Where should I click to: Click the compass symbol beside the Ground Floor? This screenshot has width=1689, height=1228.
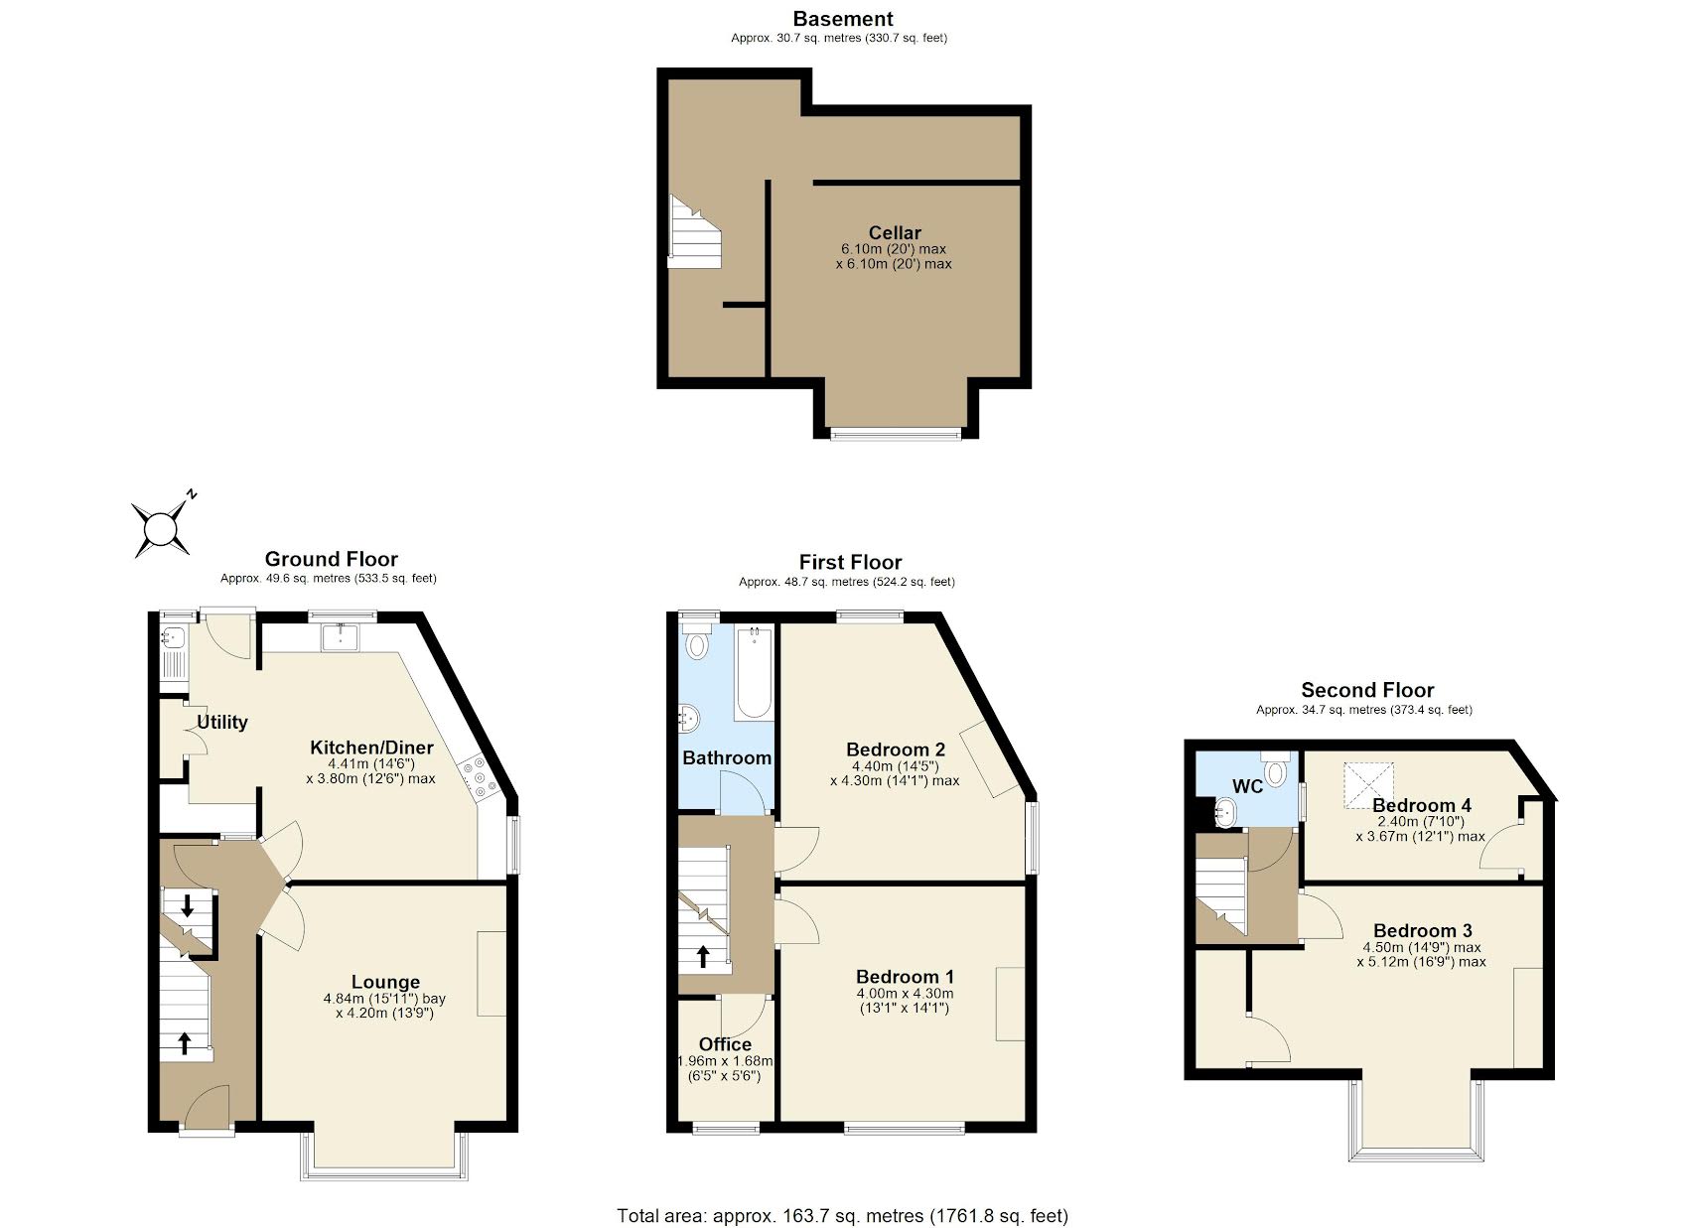[x=160, y=526]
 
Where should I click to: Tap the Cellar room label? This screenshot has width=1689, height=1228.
[x=895, y=233]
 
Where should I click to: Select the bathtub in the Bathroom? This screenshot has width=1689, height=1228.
[x=754, y=673]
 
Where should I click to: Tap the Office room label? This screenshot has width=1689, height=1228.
[x=725, y=1044]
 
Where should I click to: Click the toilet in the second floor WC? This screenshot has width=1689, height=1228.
[x=1276, y=770]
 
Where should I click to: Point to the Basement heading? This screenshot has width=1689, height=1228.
[x=842, y=19]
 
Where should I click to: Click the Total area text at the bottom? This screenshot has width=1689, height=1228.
[x=842, y=1215]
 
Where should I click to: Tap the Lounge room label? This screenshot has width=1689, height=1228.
[x=385, y=982]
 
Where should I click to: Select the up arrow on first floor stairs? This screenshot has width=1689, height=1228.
[x=703, y=956]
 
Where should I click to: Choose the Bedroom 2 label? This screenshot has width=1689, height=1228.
[x=895, y=750]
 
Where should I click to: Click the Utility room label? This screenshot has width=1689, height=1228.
[x=221, y=722]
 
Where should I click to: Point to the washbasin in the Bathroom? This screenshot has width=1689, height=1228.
[x=689, y=717]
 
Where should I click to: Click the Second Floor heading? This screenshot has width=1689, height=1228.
[x=1366, y=690]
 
